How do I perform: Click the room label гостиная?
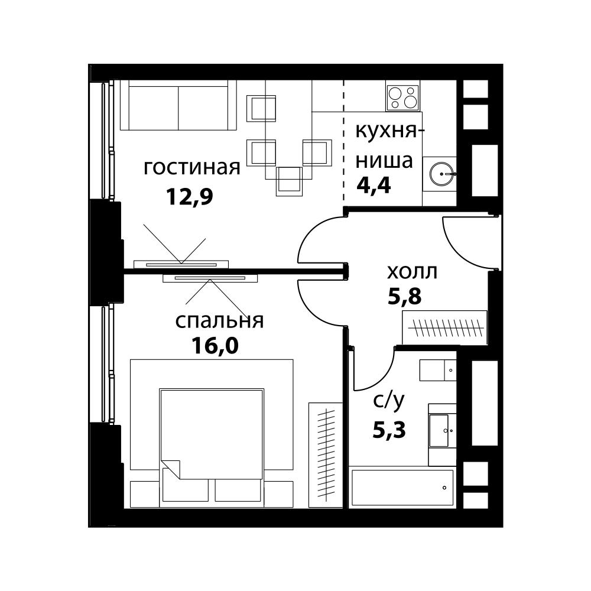pos(192,168)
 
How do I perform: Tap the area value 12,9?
pos(189,197)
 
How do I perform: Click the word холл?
pos(412,272)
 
